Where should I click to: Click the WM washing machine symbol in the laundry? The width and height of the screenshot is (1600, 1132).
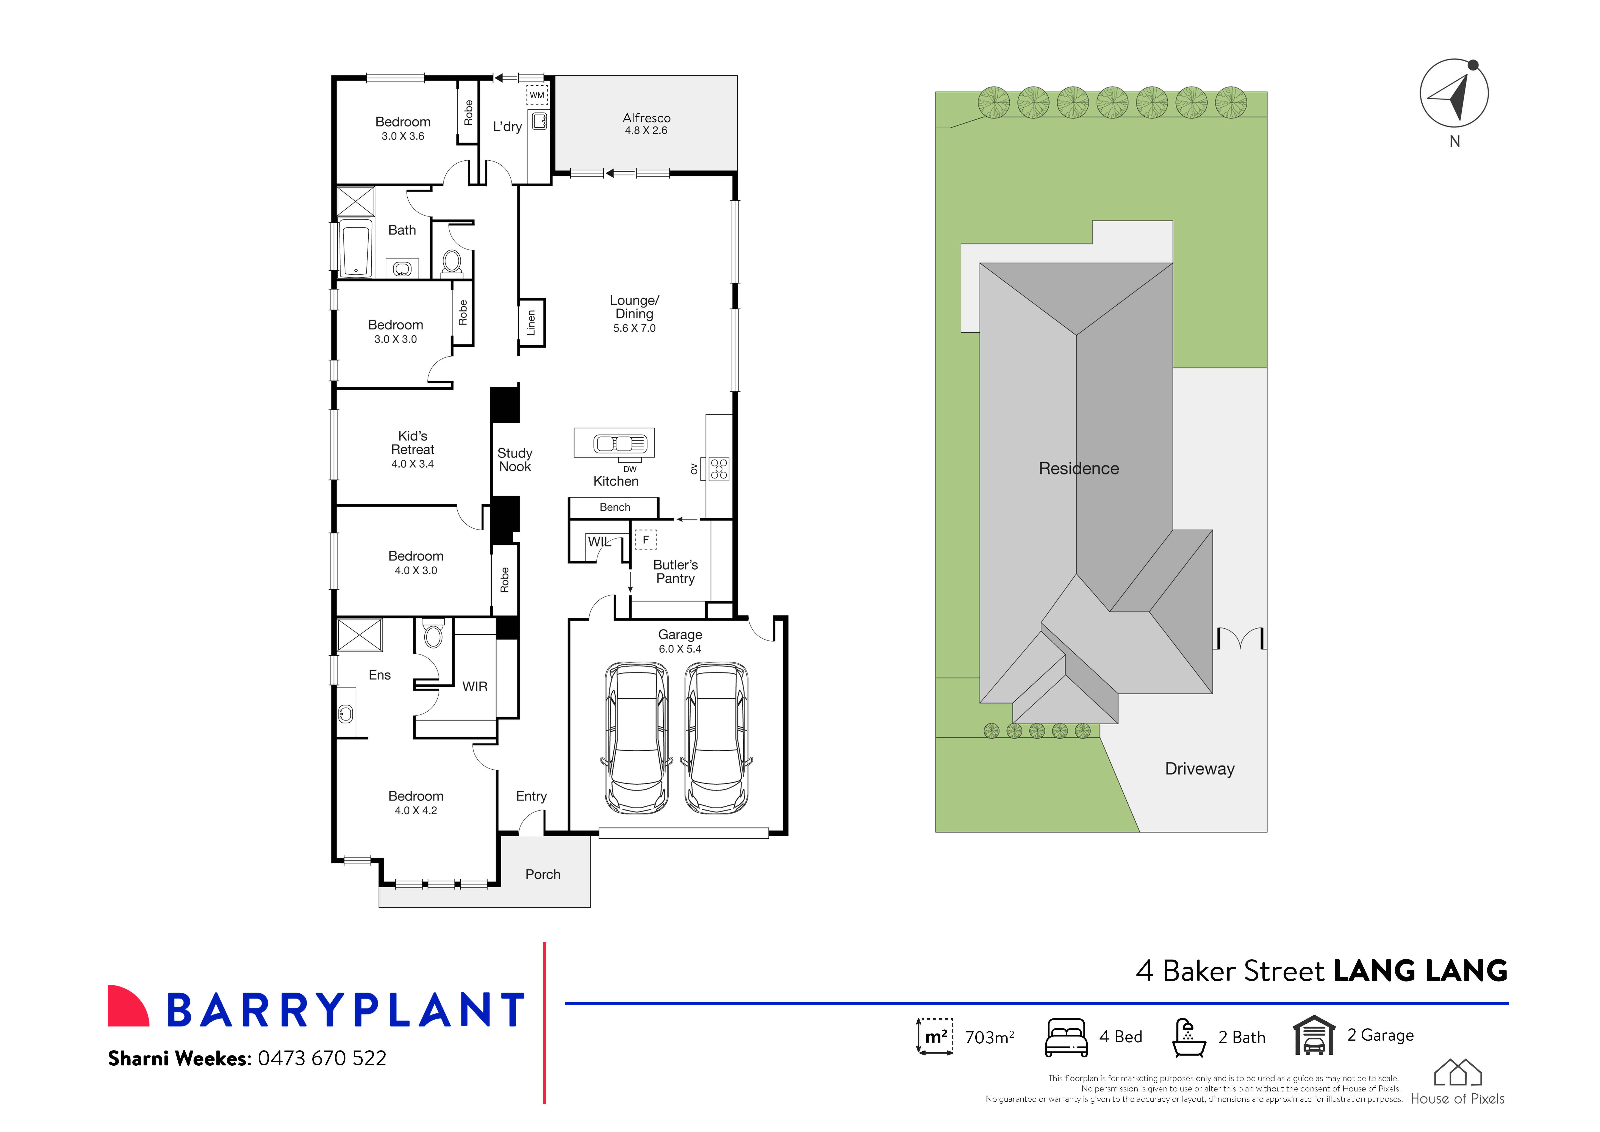[536, 95]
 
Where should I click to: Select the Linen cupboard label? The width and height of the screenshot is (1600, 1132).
[531, 323]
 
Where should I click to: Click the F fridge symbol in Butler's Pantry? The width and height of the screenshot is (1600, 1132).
[645, 540]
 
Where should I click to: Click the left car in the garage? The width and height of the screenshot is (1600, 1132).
[637, 737]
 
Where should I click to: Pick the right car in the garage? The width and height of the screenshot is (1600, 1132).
[716, 737]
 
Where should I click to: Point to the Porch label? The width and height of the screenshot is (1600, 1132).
[542, 874]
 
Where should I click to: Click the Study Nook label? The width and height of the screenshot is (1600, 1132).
[514, 460]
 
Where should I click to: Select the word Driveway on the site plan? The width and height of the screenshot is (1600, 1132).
[1199, 769]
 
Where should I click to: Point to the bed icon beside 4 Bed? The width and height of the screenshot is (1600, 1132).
[1065, 1037]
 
